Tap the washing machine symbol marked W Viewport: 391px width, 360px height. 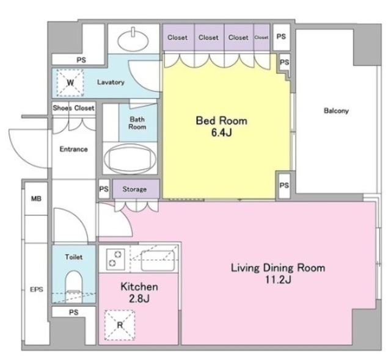click(70, 82)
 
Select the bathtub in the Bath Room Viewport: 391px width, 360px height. click(130, 159)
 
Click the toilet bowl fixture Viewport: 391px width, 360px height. click(73, 286)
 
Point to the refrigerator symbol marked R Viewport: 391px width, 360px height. click(120, 325)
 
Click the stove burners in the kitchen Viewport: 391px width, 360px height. click(115, 259)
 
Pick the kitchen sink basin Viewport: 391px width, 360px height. click(158, 261)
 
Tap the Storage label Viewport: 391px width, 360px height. click(134, 189)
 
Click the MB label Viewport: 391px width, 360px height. click(36, 198)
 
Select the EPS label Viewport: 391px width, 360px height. click(37, 290)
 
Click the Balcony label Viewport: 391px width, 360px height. click(336, 110)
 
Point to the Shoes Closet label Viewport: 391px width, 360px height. click(73, 108)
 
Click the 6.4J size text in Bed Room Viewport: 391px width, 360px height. click(221, 132)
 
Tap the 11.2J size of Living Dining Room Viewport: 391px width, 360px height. click(278, 280)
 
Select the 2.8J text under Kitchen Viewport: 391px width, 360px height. click(139, 298)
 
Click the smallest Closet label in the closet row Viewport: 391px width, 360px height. click(261, 37)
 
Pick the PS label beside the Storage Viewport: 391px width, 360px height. click(104, 189)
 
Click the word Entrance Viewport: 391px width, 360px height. click(73, 149)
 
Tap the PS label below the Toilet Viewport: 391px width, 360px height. click(73, 312)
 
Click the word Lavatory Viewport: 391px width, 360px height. click(111, 82)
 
